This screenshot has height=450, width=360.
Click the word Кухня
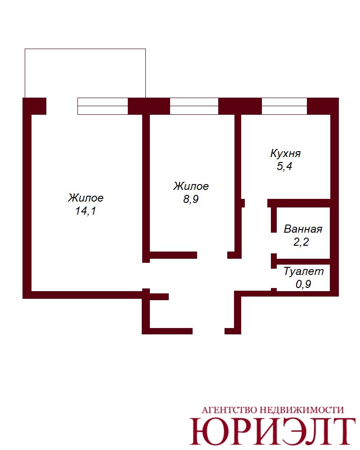285,154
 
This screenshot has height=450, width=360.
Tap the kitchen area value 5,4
284,166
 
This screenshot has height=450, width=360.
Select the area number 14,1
85,211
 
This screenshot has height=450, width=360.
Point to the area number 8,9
191,199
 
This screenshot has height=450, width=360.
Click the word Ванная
303,229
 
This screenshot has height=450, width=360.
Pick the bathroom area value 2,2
301,242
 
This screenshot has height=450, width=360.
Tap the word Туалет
304,271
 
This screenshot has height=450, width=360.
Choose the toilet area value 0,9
303,284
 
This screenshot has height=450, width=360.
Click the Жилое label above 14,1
85,198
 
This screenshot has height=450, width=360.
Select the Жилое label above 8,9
191,186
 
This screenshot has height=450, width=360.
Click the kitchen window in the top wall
284,106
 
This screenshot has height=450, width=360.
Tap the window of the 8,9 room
194,106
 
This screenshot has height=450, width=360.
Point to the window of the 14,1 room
103,106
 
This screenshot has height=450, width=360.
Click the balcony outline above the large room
85,49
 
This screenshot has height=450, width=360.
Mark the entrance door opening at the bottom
208,331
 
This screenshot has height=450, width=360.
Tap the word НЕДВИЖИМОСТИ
301,410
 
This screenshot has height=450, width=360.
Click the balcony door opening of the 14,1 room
62,106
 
